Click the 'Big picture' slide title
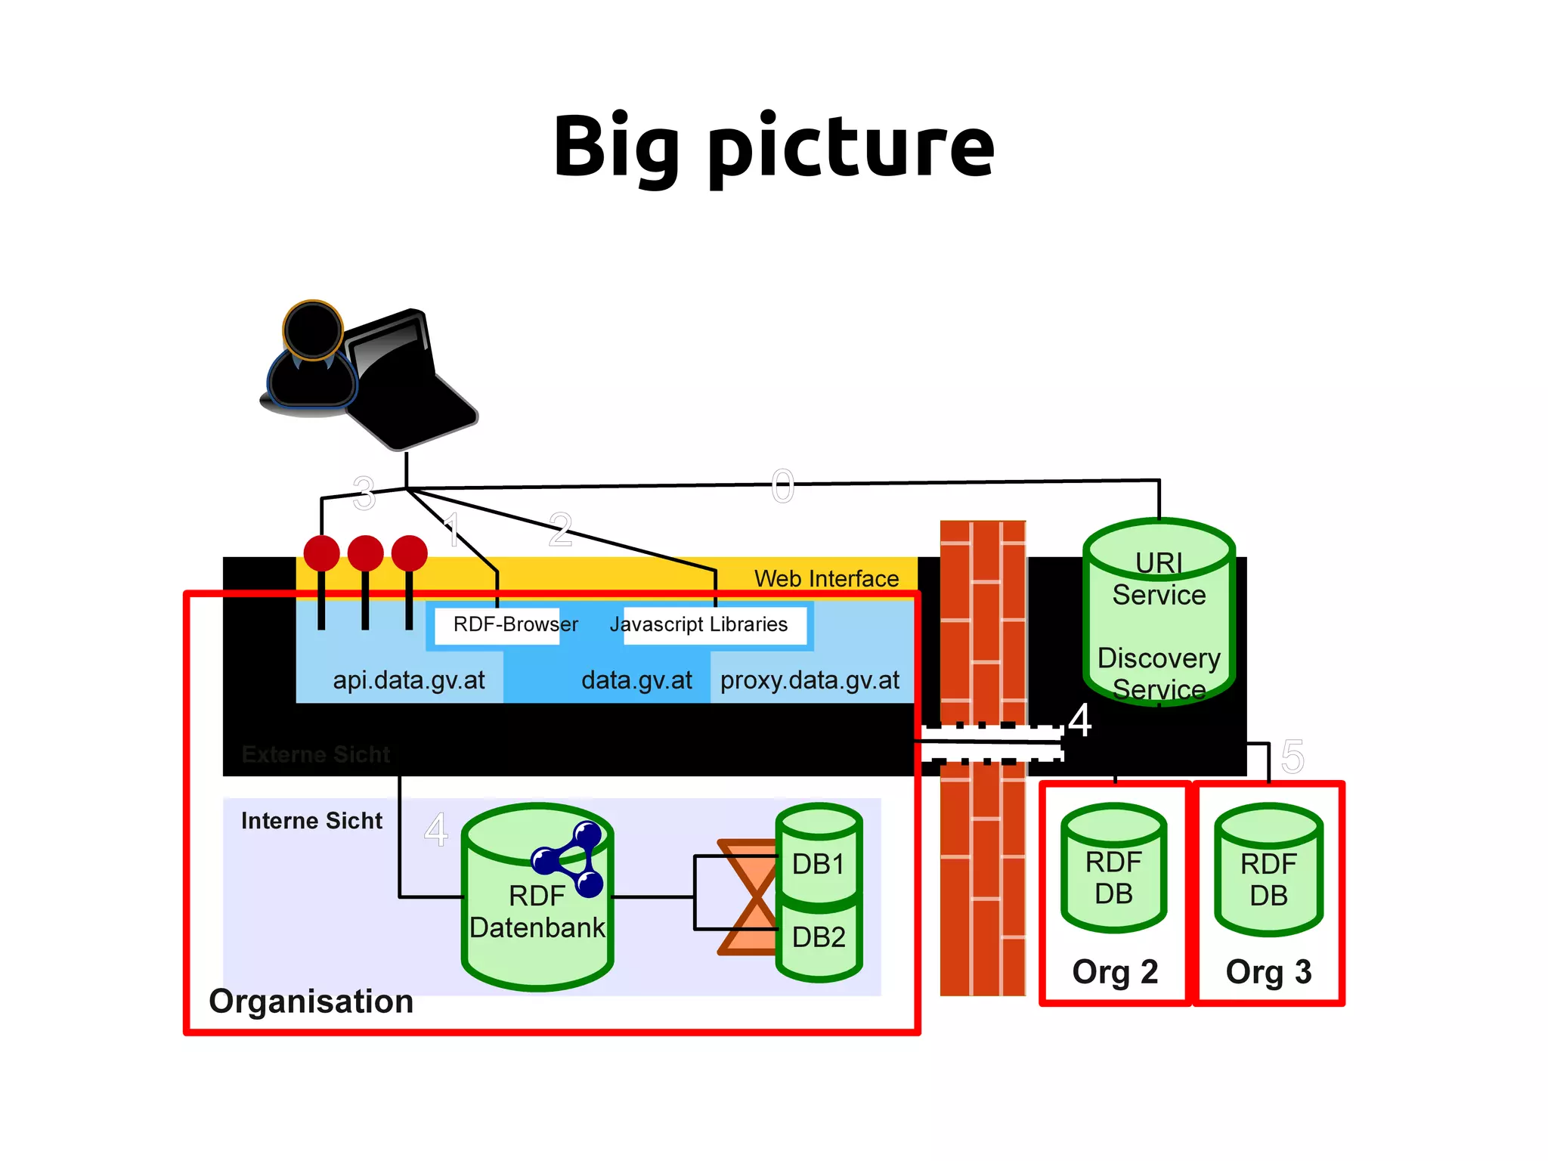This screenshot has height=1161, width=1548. tap(773, 147)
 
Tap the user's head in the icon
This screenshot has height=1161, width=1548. tap(313, 330)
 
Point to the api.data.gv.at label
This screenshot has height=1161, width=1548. tap(408, 680)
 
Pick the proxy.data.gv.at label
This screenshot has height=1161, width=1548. tap(810, 680)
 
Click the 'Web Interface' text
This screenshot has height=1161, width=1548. tap(826, 579)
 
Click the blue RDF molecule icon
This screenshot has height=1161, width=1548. tap(571, 859)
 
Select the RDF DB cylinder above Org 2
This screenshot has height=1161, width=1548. tap(1113, 869)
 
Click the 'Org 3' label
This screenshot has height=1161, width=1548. tap(1268, 972)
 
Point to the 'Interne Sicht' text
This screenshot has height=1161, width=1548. tap(311, 821)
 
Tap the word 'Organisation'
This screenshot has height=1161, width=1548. tap(311, 1002)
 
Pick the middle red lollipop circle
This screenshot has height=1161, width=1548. tap(366, 553)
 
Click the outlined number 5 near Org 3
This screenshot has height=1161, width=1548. tap(1293, 757)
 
